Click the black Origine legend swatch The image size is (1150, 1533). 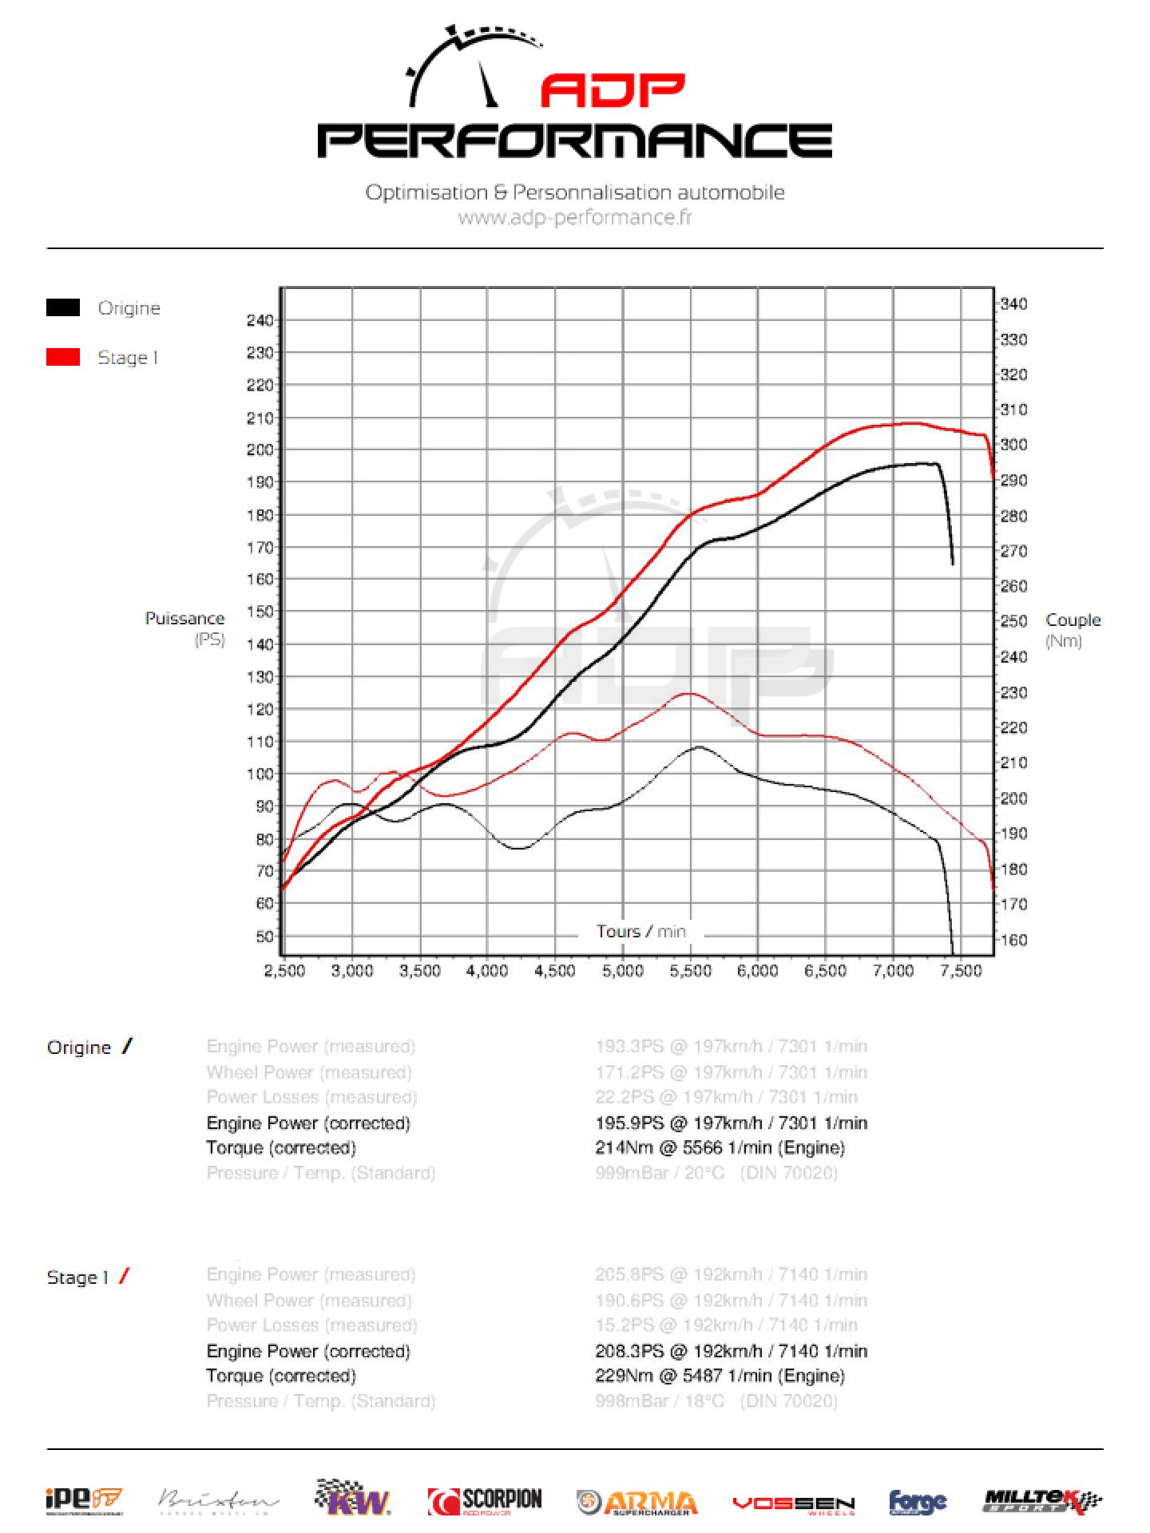63,308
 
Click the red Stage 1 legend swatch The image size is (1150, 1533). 63,358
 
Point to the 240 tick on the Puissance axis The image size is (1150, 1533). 260,321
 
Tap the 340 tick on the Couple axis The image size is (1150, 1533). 1013,304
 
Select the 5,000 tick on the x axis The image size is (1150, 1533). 622,971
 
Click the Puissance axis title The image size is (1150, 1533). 184,619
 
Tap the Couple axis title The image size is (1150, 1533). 1073,620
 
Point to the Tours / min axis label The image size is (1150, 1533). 640,932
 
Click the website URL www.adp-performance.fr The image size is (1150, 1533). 575,217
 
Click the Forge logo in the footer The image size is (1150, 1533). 918,1503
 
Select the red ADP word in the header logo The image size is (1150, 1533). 613,91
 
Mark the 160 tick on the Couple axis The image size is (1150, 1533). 1013,941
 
